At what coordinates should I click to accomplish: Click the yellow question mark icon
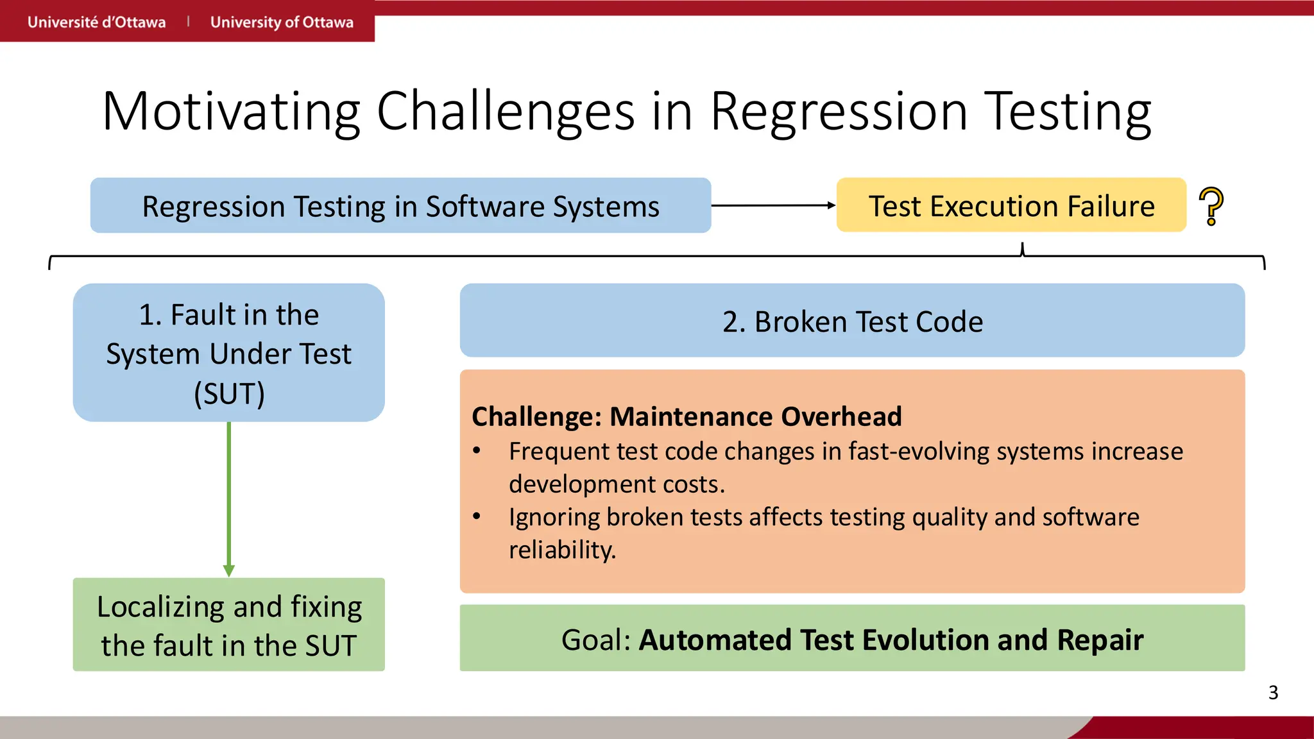pyautogui.click(x=1211, y=205)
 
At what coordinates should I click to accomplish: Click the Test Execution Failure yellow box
pyautogui.click(x=1011, y=205)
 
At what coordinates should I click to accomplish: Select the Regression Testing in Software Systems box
pyautogui.click(x=400, y=205)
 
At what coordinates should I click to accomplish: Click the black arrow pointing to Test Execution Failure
pyautogui.click(x=773, y=205)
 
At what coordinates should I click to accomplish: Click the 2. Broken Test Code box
pyautogui.click(x=852, y=321)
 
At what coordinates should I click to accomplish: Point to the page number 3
pyautogui.click(x=1273, y=693)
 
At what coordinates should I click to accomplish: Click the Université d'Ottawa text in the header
pyautogui.click(x=96, y=22)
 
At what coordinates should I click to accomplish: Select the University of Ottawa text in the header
pyautogui.click(x=282, y=22)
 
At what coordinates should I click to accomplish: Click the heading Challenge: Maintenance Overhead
pyautogui.click(x=687, y=416)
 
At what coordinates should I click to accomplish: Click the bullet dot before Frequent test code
pyautogui.click(x=477, y=451)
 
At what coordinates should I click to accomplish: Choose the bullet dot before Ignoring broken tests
pyautogui.click(x=477, y=516)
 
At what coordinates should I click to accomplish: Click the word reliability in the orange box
pyautogui.click(x=562, y=550)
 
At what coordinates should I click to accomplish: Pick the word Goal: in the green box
pyautogui.click(x=596, y=640)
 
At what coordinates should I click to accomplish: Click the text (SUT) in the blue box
pyautogui.click(x=229, y=393)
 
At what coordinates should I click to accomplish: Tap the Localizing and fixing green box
pyautogui.click(x=229, y=625)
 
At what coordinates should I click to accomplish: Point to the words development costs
pyautogui.click(x=616, y=484)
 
